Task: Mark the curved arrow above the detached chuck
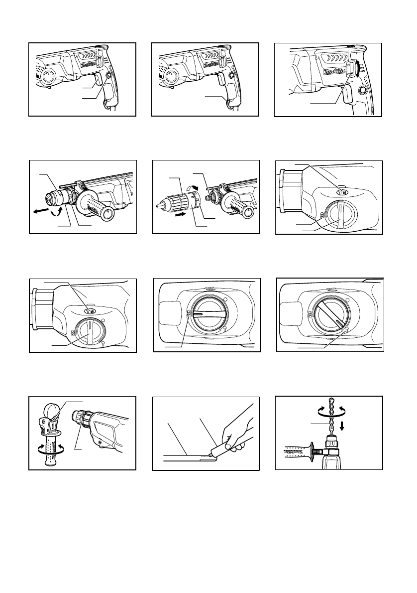(x=191, y=186)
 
